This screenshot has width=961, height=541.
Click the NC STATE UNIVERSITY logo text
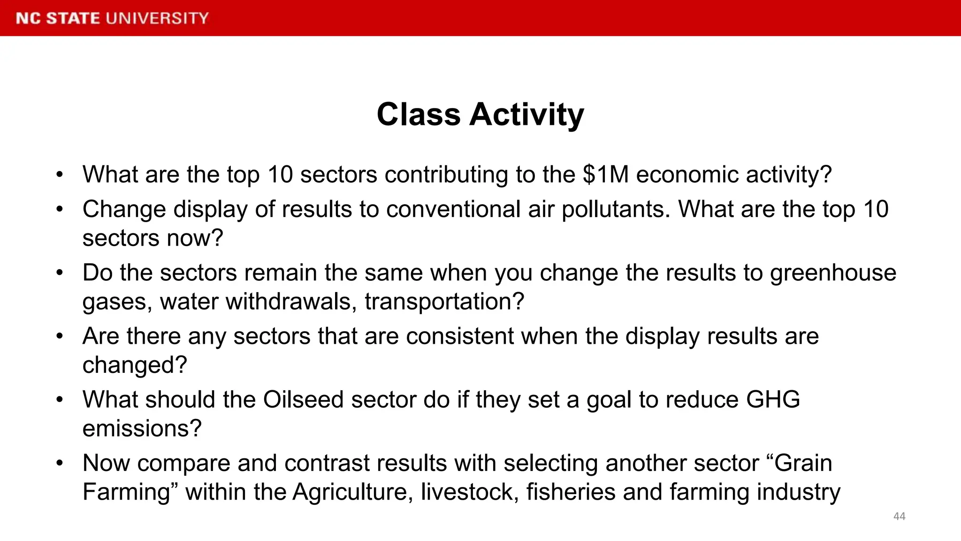[x=112, y=18]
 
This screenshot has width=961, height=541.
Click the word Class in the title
[x=419, y=115]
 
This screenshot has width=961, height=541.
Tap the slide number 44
[x=899, y=516]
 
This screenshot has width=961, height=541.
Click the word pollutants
[x=616, y=209]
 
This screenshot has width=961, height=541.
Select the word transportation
[x=444, y=301]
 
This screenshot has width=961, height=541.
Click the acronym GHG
[x=773, y=400]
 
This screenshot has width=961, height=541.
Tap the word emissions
[x=142, y=428]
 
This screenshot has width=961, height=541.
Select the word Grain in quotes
[x=802, y=463]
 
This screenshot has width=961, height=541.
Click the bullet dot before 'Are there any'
[x=59, y=336]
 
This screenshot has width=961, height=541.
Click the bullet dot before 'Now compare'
[x=59, y=463]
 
